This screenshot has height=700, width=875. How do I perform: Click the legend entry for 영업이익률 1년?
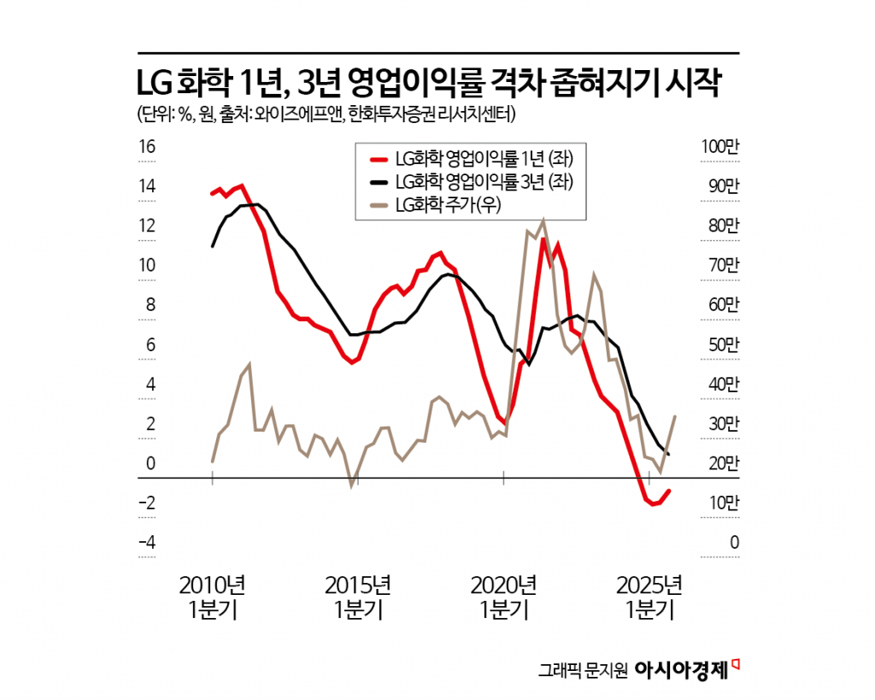[x=482, y=159]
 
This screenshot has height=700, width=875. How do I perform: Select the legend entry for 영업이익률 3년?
[x=482, y=181]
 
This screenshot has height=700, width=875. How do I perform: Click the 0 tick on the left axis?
[x=151, y=463]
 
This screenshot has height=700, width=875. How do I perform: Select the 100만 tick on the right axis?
[x=719, y=147]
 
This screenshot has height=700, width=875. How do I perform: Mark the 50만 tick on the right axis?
[x=719, y=344]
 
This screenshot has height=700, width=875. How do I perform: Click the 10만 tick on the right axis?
[x=719, y=503]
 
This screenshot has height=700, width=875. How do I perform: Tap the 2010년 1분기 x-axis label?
[x=212, y=597]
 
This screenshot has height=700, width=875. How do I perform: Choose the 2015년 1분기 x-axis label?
[x=358, y=597]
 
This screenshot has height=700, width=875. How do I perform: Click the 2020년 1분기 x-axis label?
[x=504, y=597]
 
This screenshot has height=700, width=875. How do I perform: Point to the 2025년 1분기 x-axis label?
[x=649, y=597]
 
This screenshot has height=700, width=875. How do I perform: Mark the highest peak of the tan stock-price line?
[x=543, y=221]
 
